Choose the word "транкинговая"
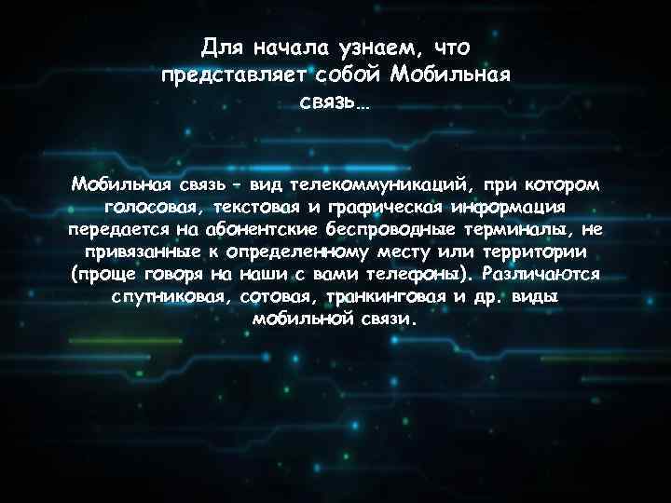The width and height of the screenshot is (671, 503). click(x=396, y=297)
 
